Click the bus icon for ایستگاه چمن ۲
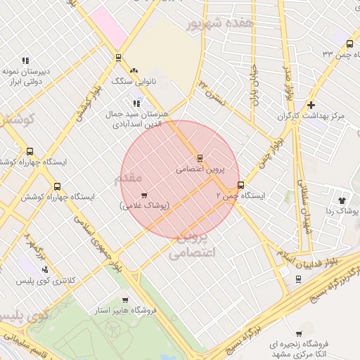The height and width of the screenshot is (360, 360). pyautogui.click(x=241, y=186)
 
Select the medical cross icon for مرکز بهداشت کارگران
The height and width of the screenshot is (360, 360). pyautogui.click(x=311, y=105)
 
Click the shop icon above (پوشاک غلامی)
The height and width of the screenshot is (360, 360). pyautogui.click(x=144, y=195)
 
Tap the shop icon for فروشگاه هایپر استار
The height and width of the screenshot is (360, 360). pyautogui.click(x=125, y=300)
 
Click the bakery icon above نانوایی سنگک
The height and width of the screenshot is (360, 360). pyautogui.click(x=133, y=70)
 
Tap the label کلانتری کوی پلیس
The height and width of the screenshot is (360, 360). pyautogui.click(x=47, y=281)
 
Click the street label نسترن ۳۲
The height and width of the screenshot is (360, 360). pyautogui.click(x=211, y=91)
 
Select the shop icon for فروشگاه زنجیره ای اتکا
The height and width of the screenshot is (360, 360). pyautogui.click(x=299, y=334)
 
